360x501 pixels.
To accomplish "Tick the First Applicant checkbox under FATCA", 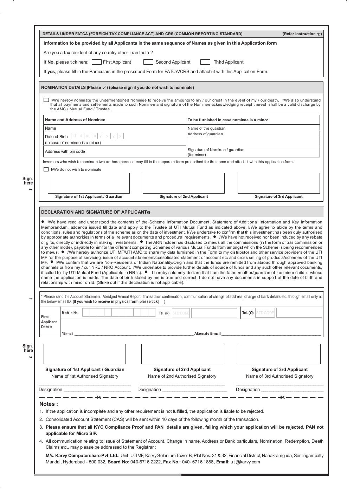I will (96, 62).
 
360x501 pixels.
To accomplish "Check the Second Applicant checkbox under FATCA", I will (148, 62).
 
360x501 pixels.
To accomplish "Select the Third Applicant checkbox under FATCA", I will (205, 62).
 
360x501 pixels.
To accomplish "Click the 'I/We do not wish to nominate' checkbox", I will (46, 169).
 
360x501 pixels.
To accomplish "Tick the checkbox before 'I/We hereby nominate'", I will (46, 100).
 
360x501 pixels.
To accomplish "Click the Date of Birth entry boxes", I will (97, 136).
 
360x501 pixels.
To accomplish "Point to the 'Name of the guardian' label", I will (206, 128).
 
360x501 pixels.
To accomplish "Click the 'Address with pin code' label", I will (65, 151).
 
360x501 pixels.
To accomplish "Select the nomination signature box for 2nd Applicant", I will (184, 183).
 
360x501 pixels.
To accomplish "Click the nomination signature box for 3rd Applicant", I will (278, 183).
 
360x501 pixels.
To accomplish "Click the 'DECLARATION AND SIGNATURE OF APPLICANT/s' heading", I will (96, 212).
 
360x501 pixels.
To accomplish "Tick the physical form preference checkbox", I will (161, 302).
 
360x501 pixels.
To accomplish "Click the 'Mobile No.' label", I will (70, 313).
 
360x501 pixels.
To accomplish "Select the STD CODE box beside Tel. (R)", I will (181, 313).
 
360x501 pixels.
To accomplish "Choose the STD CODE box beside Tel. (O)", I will (265, 313).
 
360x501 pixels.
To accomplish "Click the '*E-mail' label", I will (68, 333).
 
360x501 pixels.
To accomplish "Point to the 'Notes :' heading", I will (49, 404).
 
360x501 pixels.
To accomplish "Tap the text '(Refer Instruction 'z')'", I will (302, 34).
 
